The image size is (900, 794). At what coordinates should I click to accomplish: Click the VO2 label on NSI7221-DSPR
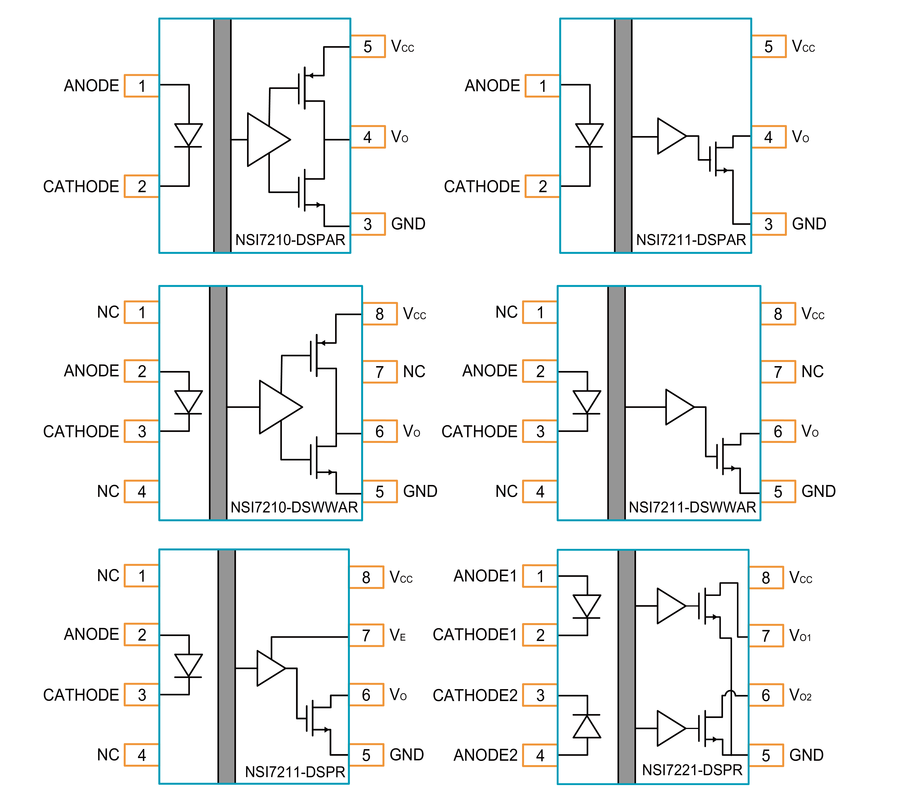(x=800, y=695)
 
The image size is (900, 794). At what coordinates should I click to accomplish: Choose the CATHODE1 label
(x=475, y=635)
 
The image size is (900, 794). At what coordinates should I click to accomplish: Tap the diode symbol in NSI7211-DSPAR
(x=589, y=135)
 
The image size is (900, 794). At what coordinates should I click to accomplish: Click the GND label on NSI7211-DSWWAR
(x=818, y=491)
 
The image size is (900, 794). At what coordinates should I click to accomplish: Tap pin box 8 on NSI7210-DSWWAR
(x=380, y=314)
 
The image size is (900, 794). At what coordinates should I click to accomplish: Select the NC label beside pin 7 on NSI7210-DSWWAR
(x=414, y=372)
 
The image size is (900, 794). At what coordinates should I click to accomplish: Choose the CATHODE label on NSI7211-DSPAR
(x=482, y=186)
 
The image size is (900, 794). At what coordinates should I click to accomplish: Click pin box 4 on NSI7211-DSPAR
(x=768, y=137)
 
